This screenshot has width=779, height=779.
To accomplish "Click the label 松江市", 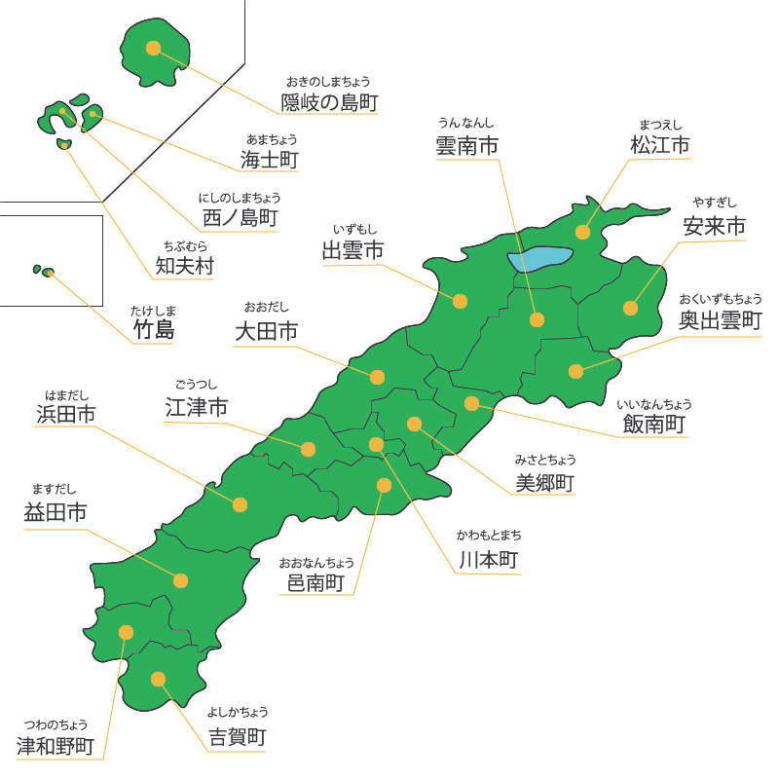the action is click(x=660, y=145).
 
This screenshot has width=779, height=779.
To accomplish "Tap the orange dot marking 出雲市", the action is click(x=460, y=301).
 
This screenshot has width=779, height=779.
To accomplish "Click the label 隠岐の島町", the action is click(x=329, y=101).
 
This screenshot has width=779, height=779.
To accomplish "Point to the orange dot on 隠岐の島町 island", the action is click(x=153, y=47).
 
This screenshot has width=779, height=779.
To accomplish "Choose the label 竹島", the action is click(x=154, y=330).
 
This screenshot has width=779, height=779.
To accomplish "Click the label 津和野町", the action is click(x=56, y=746).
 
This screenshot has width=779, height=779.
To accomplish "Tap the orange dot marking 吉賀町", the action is click(x=157, y=680).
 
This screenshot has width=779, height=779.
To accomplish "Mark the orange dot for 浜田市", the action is click(x=240, y=504).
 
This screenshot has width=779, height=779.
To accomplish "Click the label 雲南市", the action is click(x=467, y=146).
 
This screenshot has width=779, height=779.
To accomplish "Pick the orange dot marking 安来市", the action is click(x=630, y=308).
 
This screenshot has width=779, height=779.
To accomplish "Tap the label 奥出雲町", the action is click(x=722, y=321).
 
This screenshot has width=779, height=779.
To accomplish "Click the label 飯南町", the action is click(x=654, y=425).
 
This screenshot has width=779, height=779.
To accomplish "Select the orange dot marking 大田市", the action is click(x=378, y=376).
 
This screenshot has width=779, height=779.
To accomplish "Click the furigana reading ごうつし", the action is click(x=198, y=385).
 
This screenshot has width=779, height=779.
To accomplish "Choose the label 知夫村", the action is click(x=184, y=265).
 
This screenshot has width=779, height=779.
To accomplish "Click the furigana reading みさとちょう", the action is click(x=546, y=460).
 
